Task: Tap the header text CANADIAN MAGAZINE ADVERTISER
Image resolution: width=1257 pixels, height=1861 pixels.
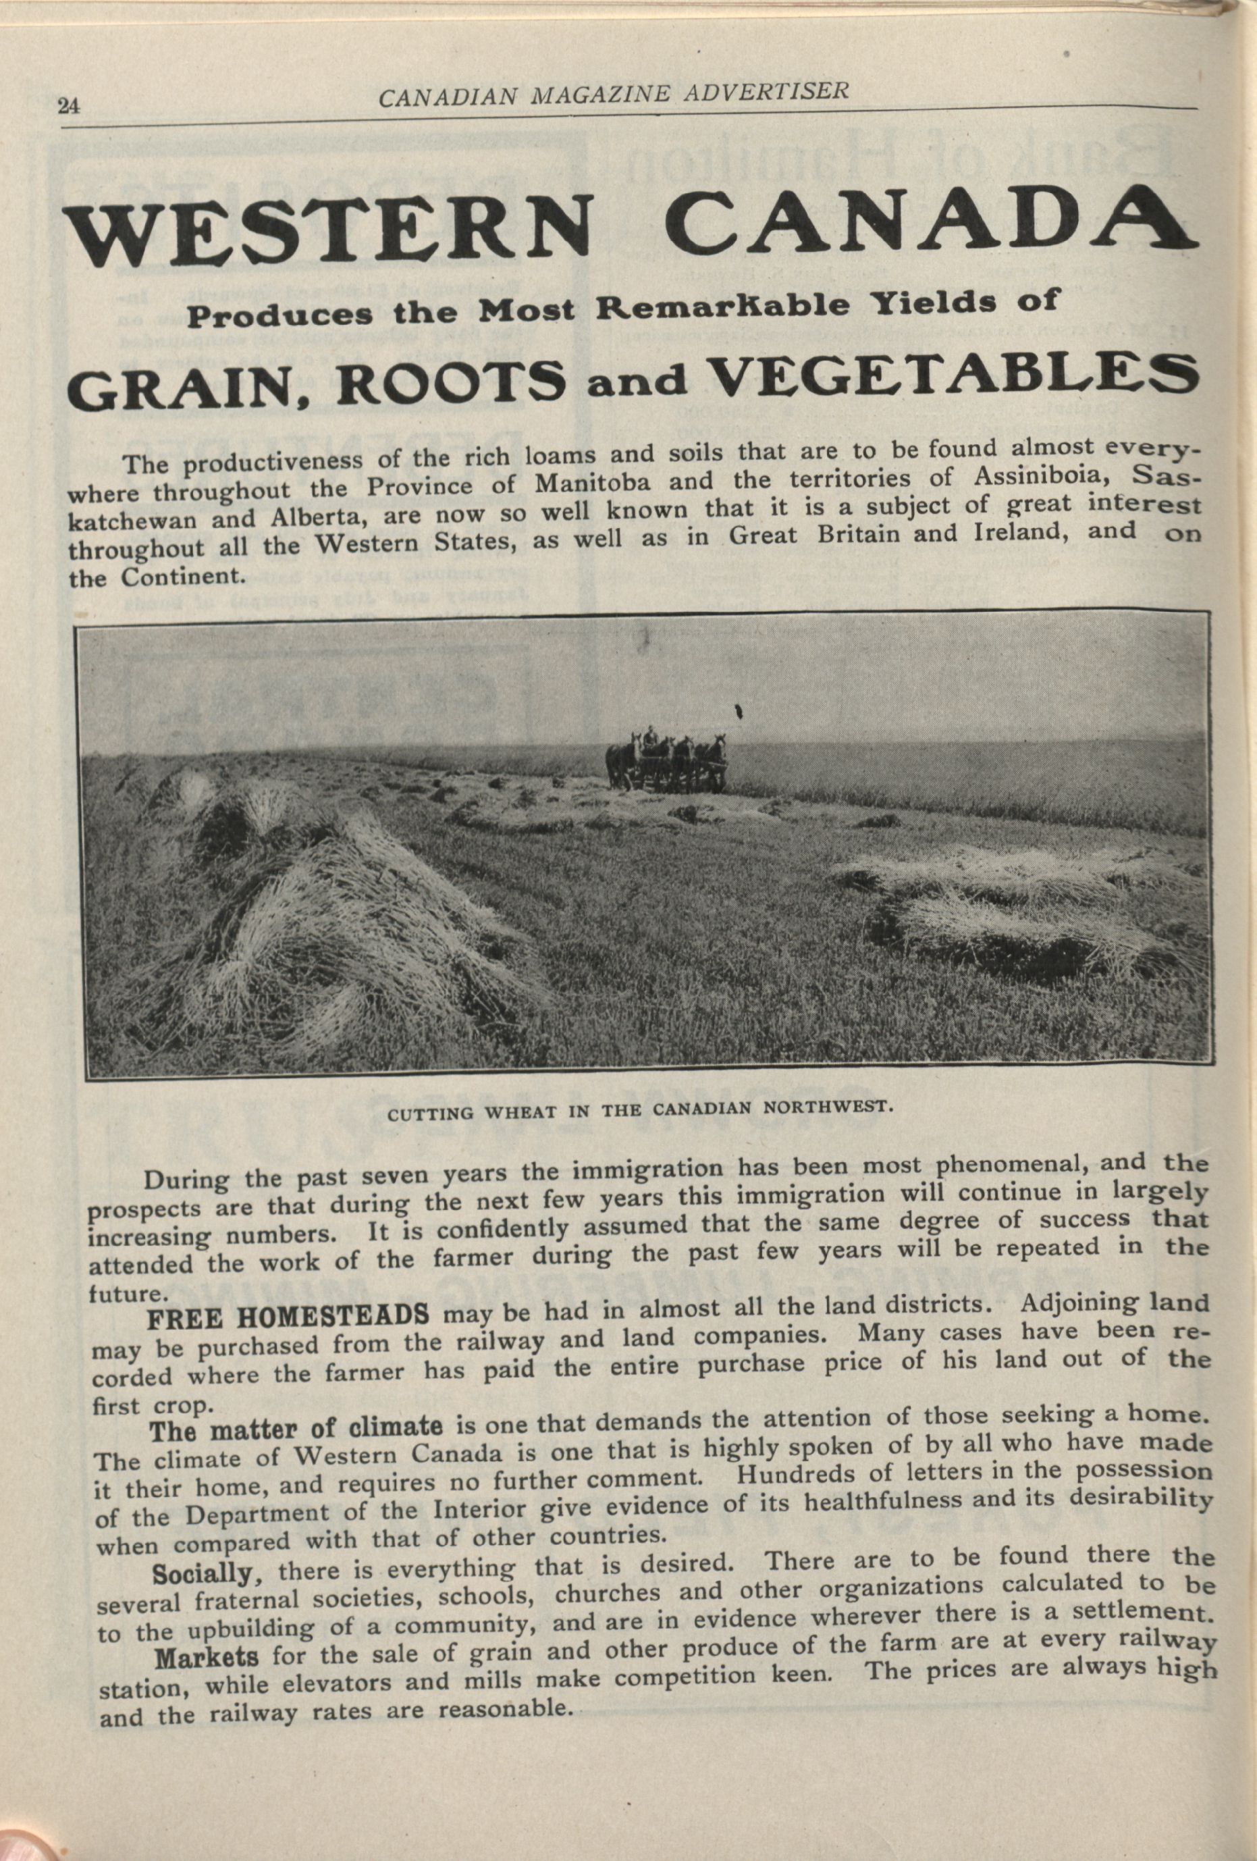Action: [613, 94]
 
